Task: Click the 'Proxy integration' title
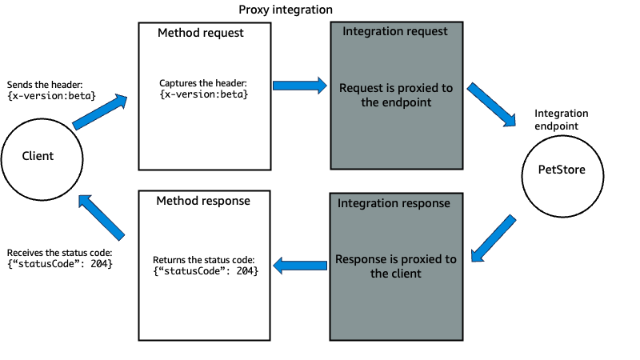pyautogui.click(x=286, y=10)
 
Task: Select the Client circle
pyautogui.click(x=38, y=156)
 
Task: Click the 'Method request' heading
pyautogui.click(x=200, y=34)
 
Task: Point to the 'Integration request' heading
pyautogui.click(x=395, y=31)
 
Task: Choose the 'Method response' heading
pyautogui.click(x=203, y=201)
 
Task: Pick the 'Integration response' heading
pyautogui.click(x=394, y=203)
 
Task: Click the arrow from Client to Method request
pyautogui.click(x=100, y=111)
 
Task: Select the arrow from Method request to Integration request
pyautogui.click(x=300, y=84)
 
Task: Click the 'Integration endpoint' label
pyautogui.click(x=561, y=120)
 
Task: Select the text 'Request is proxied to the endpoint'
pyautogui.click(x=395, y=95)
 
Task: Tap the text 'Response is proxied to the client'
pyautogui.click(x=395, y=266)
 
